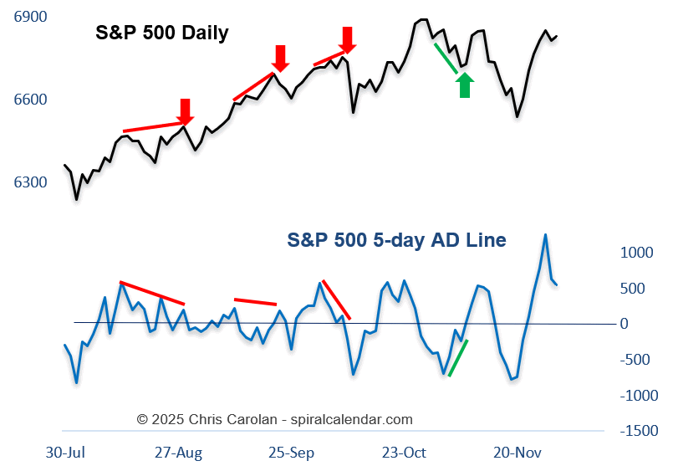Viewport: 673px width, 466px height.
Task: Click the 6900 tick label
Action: point(31,18)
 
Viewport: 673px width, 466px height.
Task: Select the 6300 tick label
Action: point(31,182)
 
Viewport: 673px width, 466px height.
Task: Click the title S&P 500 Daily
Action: point(161,33)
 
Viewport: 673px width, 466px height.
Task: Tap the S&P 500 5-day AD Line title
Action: point(396,240)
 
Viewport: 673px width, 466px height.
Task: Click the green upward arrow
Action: point(465,85)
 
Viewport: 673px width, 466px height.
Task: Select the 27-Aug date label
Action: point(178,453)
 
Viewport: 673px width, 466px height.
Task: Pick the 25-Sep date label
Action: point(292,453)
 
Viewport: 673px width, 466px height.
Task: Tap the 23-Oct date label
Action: point(403,453)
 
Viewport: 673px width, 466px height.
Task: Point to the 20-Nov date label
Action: point(517,453)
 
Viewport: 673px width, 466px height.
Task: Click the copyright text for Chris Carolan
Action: point(274,419)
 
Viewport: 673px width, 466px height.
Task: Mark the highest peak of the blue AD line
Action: point(545,235)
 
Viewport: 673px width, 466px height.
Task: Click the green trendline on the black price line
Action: point(446,59)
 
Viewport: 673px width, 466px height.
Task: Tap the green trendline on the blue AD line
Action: point(458,358)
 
